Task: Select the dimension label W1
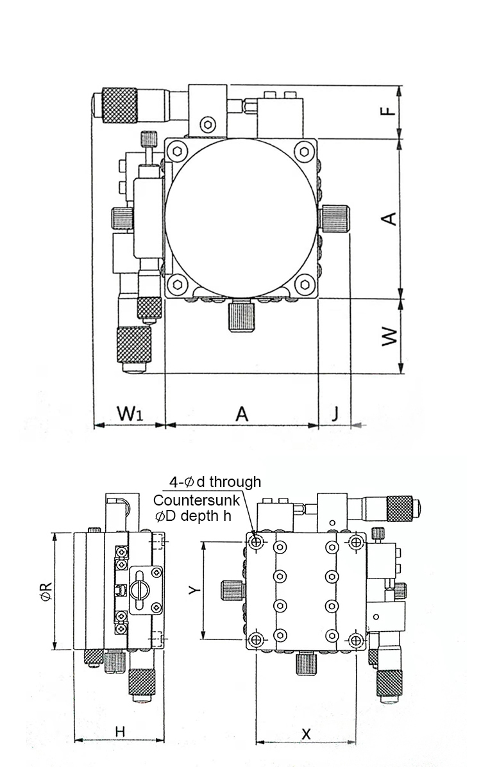point(130,413)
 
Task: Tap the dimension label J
point(335,413)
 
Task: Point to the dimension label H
point(120,731)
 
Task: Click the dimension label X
point(306,734)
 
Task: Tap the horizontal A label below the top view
point(241,413)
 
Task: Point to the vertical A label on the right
point(387,219)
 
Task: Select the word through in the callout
point(235,482)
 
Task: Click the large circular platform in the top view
point(242,218)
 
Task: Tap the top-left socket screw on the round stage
point(176,151)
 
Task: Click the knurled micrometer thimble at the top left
point(121,105)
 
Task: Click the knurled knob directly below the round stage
point(242,317)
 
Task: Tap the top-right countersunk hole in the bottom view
point(355,542)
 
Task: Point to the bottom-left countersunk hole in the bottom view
point(257,639)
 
